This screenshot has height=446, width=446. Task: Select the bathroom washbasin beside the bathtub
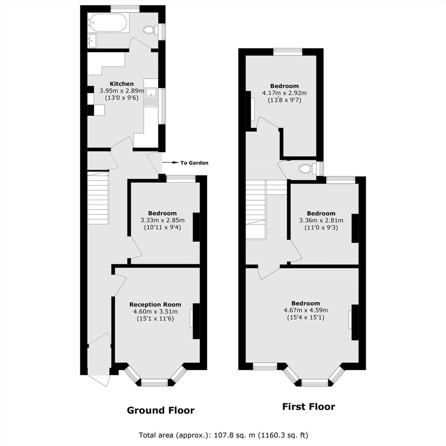92,40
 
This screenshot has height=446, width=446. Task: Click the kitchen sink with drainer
151,97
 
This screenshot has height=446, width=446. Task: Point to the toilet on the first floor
307,168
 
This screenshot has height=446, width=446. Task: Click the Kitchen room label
122,84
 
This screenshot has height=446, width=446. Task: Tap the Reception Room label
155,305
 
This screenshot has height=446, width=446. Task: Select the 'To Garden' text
195,163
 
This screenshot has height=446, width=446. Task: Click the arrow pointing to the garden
170,163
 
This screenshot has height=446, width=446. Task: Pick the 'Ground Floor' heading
161,410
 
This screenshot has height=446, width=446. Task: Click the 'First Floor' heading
308,407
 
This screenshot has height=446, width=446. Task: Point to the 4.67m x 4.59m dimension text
306,310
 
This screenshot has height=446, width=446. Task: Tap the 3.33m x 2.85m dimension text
162,220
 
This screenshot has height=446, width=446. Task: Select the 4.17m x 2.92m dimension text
284,93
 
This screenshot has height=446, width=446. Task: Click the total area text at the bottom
223,435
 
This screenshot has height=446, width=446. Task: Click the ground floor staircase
98,197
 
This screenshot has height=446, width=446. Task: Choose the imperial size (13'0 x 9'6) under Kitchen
122,98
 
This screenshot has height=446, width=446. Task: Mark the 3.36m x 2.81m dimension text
321,221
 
